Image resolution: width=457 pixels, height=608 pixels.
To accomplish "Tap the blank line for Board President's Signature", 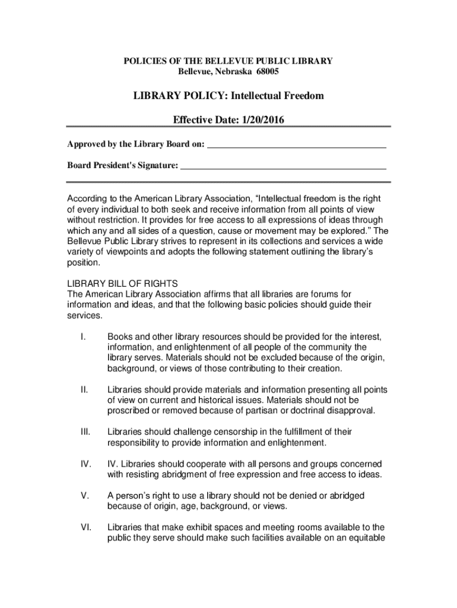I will click(x=283, y=166).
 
